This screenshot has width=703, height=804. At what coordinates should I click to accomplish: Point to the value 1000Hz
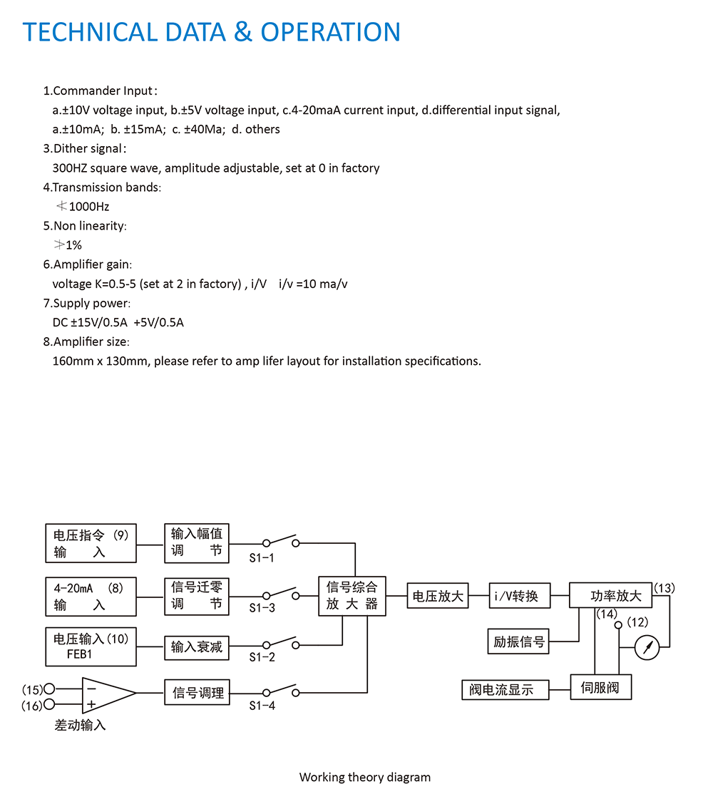pos(89,207)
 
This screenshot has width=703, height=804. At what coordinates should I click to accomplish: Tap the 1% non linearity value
pos(73,245)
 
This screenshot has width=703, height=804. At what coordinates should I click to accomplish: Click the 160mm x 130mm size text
pos(101,361)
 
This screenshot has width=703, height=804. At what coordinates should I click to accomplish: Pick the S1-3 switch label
pos(262,608)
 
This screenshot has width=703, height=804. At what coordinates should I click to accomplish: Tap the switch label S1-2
pos(262,657)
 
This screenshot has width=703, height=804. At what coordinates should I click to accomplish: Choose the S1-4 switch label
pos(262,706)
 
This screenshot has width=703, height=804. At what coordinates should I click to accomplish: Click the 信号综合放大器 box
pos(352,596)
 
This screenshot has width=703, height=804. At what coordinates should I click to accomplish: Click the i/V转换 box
pos(520,596)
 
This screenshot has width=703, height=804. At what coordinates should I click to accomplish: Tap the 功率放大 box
pos(610,595)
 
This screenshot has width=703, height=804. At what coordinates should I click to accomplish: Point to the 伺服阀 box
pos(600,687)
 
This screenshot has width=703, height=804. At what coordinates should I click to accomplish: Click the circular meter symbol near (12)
pos(647,647)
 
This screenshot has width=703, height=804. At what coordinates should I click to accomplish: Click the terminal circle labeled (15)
pos(49,689)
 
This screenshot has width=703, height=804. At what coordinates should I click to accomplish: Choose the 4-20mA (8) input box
pos(91,597)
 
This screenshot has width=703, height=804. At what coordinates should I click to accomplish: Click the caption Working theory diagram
pos(364,777)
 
